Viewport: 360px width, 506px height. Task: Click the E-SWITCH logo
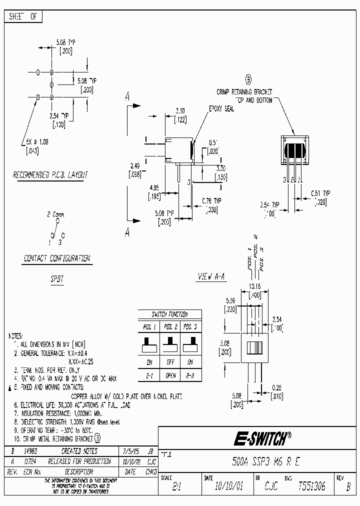[x=261, y=439]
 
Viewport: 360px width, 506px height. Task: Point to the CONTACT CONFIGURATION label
[x=56, y=258]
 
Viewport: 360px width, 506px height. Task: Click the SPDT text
[x=56, y=279]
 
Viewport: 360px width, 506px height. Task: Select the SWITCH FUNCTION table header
[x=169, y=314]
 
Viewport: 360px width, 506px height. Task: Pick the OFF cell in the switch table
[x=170, y=362]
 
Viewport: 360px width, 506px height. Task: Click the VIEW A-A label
[x=212, y=276]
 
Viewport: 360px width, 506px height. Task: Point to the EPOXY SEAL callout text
[x=221, y=108]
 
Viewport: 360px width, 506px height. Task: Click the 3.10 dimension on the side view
[x=180, y=110]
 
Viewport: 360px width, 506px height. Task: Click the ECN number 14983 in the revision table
[x=30, y=450]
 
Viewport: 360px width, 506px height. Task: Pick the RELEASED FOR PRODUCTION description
[x=79, y=461]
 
